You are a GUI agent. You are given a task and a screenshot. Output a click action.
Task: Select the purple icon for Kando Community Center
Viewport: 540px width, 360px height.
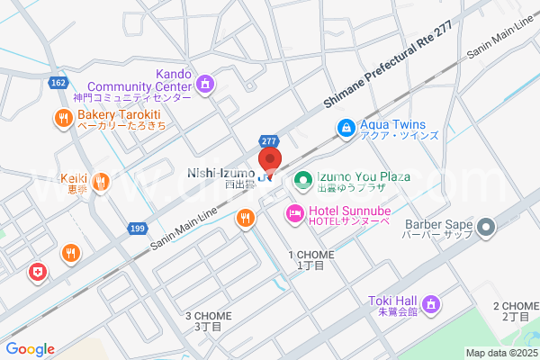pos(205,84)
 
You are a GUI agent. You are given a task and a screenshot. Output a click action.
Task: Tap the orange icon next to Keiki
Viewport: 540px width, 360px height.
pos(101,181)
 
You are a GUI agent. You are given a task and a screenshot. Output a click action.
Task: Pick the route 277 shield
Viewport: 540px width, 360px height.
pos(269,141)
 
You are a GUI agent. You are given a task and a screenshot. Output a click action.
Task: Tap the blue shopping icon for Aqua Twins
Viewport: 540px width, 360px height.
pos(345,129)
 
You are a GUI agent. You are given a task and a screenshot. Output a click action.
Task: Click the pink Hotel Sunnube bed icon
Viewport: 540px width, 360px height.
pos(293,214)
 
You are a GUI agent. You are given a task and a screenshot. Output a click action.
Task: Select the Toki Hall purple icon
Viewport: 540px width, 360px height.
pos(430,305)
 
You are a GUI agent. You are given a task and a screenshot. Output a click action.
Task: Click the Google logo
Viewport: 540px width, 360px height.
pos(30,349)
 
